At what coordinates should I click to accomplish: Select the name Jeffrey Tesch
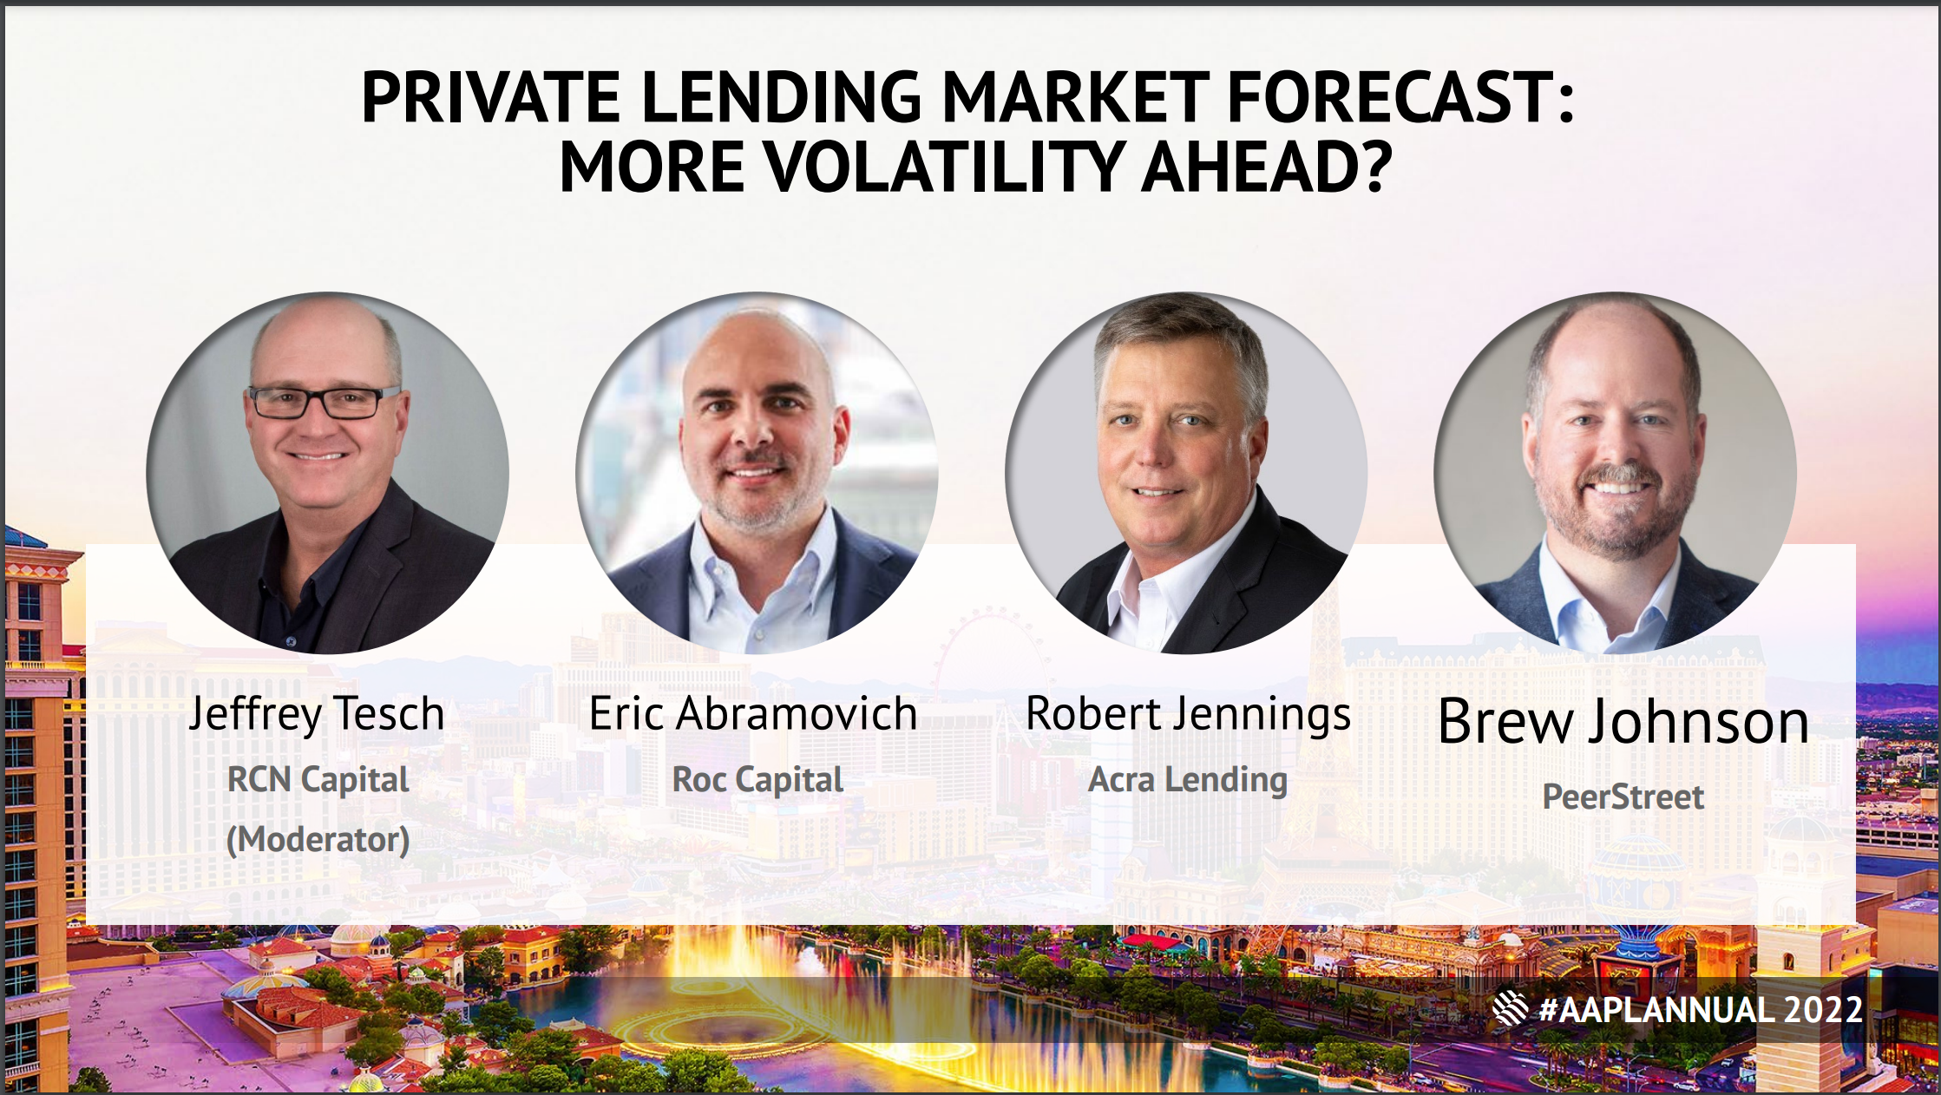coord(317,715)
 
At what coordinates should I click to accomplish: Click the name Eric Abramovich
coord(753,713)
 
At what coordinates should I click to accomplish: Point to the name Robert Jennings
coord(1188,715)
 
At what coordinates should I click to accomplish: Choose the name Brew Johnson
coord(1623,721)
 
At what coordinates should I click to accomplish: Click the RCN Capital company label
coord(318,780)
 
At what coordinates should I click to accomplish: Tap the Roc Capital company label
coord(757,780)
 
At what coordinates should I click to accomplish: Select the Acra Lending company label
coord(1188,780)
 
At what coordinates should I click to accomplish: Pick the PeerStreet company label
coord(1623,797)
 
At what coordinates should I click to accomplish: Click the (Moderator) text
coord(318,839)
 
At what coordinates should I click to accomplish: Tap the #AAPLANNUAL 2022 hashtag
coord(1701,1010)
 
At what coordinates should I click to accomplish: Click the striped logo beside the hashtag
coord(1510,1008)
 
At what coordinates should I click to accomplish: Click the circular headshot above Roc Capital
coord(757,473)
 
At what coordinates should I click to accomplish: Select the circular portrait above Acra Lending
coord(1186,473)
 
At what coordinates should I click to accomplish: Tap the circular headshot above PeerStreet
coord(1616,473)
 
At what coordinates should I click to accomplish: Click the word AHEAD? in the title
coord(1266,167)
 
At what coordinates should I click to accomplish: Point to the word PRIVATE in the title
coord(490,96)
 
